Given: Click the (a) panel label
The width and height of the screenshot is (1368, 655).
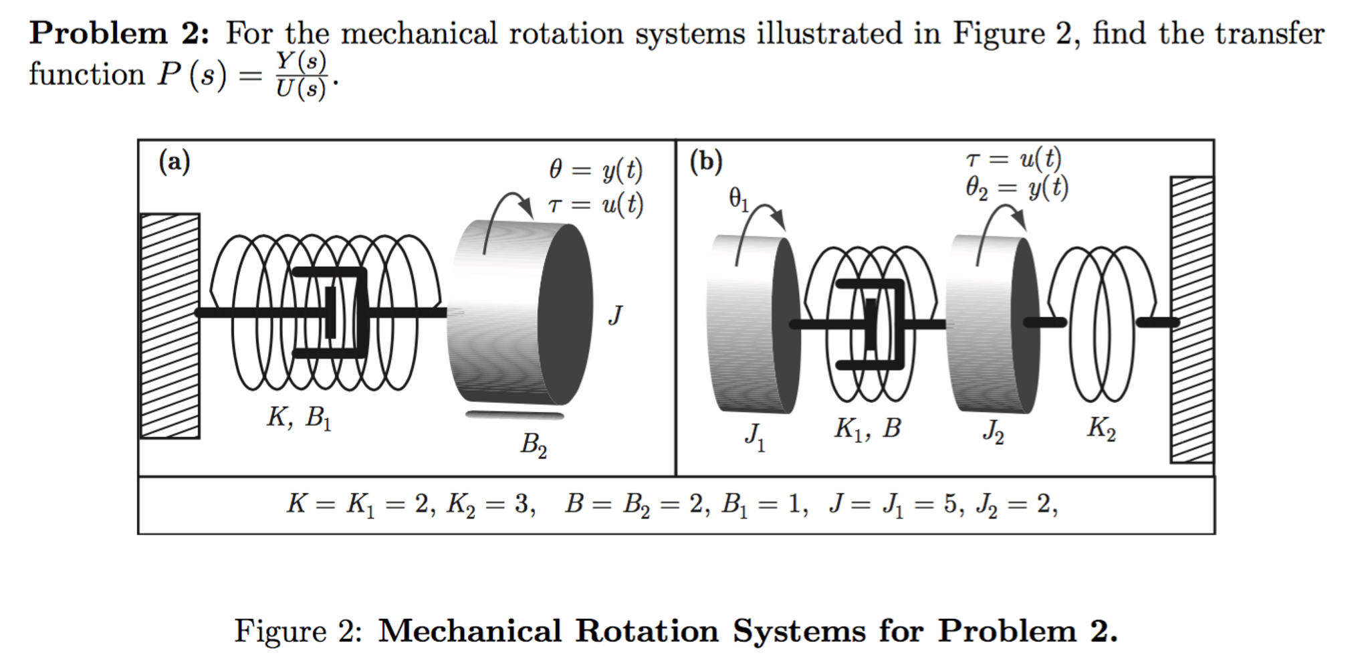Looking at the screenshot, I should (174, 162).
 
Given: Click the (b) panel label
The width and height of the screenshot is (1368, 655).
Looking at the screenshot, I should (706, 162).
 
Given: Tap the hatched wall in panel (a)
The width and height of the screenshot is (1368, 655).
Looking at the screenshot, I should (169, 326).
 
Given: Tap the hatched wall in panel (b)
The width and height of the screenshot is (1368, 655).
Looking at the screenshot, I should (1191, 319).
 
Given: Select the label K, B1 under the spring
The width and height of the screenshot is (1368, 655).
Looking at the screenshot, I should (299, 418).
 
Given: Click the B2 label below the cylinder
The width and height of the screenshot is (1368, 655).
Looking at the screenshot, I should (534, 445).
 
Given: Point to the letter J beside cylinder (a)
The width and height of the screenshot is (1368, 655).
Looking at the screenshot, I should (616, 314).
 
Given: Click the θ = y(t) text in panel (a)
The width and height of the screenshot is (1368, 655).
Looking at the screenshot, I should (595, 171).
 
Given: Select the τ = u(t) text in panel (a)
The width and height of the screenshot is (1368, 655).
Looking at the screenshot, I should (595, 204).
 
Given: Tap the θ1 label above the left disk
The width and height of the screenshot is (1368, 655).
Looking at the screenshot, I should (739, 199).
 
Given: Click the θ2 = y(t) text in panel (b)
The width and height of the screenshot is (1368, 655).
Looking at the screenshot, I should (1016, 188).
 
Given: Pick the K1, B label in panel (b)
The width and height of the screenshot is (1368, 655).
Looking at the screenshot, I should (867, 428).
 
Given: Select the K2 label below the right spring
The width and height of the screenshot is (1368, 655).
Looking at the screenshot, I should (1101, 428).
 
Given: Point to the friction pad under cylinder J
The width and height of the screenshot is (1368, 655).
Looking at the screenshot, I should (514, 415).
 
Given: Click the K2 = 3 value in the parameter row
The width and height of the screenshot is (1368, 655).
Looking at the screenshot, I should (491, 504).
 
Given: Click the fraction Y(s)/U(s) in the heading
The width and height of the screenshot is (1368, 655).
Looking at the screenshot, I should (301, 75).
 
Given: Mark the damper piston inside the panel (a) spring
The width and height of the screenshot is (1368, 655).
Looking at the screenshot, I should (330, 312).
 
